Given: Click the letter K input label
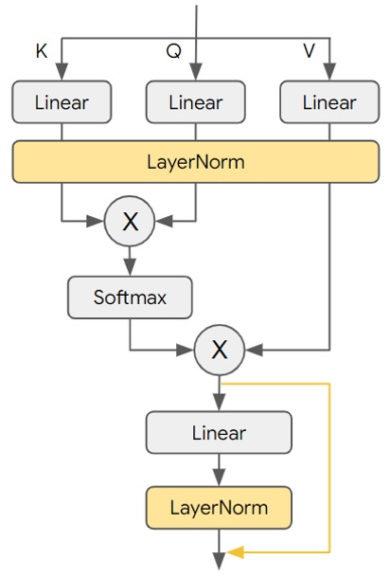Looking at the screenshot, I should [x=41, y=52].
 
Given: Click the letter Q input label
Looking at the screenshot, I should [x=173, y=52].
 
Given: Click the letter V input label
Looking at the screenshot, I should [x=309, y=52].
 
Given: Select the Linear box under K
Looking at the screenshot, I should [x=62, y=102].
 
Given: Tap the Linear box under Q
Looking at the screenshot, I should [x=196, y=102].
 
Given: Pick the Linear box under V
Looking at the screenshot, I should [x=329, y=102].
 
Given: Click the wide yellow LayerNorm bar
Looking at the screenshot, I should [x=196, y=162].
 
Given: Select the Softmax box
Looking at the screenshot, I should [x=130, y=298].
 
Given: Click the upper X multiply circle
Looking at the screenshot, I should [x=130, y=222].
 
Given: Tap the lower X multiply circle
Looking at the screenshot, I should [x=220, y=350].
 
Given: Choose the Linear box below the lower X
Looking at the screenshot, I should [x=220, y=433].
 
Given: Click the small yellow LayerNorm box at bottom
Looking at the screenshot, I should [x=220, y=508].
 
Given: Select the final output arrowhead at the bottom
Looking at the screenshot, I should [x=220, y=565].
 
